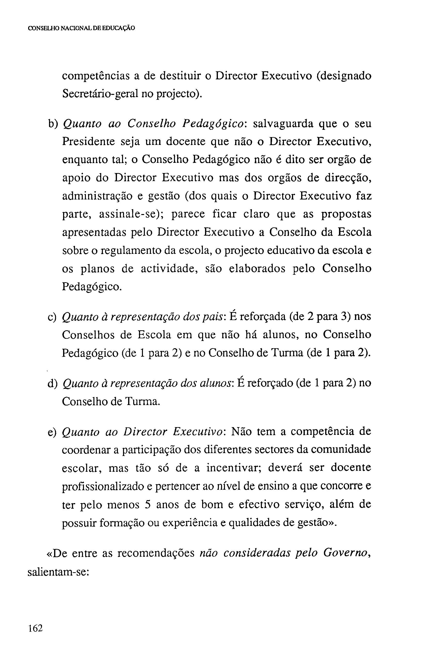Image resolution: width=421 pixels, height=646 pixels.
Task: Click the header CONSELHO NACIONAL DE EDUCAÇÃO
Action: [82, 28]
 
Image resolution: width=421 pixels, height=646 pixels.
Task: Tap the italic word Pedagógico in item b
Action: [214, 124]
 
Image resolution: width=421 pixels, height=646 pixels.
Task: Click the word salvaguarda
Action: [282, 124]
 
